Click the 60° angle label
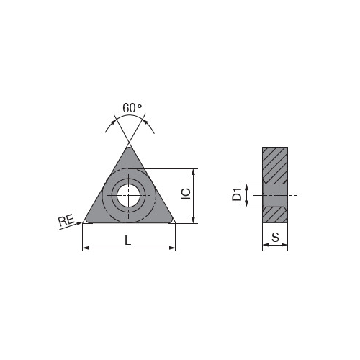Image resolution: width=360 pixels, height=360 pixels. click(132, 108)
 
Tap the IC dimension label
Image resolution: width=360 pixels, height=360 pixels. click(186, 194)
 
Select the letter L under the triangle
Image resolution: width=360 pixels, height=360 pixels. click(128, 240)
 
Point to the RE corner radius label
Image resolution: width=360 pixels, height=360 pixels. click(66, 220)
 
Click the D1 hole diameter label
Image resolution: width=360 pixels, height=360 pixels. click(237, 194)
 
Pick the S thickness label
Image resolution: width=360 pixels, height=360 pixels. click(276, 237)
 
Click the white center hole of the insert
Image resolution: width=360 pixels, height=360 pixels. click(128, 196)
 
